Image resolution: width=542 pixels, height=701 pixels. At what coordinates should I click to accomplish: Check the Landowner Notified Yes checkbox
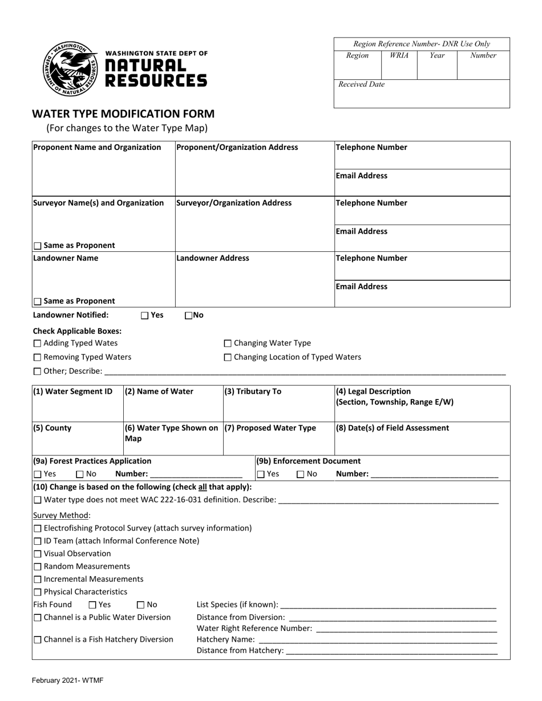click(144, 315)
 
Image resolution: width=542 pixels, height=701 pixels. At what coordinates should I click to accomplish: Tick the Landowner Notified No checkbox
click(189, 315)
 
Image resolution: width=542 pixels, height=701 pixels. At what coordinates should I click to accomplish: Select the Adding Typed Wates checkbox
click(38, 344)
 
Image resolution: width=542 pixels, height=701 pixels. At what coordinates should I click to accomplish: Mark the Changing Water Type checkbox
click(228, 344)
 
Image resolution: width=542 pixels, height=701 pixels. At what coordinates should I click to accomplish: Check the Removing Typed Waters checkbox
click(38, 358)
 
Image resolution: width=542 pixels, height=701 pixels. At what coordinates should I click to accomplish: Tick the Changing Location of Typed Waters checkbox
click(228, 358)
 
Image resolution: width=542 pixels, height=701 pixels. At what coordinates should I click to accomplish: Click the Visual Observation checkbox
click(38, 554)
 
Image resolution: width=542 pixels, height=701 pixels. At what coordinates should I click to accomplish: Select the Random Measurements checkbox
click(38, 567)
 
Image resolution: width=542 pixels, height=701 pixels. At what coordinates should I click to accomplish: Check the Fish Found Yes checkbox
click(92, 605)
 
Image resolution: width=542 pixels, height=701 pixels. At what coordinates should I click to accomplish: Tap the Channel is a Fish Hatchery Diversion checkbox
click(38, 640)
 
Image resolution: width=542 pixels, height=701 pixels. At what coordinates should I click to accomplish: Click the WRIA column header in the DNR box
click(399, 56)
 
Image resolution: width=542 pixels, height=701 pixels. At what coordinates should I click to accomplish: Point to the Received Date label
click(361, 84)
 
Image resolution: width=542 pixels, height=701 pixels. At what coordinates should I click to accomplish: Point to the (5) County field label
click(52, 428)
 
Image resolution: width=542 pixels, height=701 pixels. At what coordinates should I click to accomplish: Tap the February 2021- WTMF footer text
click(67, 680)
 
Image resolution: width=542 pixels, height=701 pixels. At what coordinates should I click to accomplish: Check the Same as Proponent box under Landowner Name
click(38, 301)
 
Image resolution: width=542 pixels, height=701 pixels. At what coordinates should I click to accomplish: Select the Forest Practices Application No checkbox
click(80, 474)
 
